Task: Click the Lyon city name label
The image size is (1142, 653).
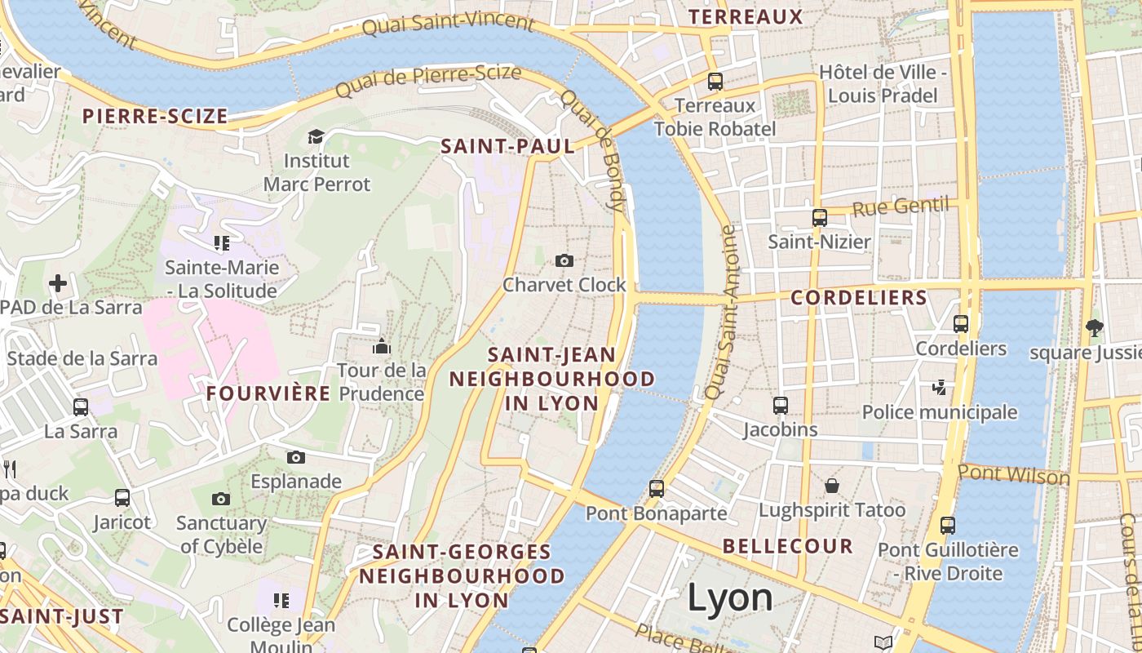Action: point(729,597)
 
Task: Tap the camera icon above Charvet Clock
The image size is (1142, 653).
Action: point(564,260)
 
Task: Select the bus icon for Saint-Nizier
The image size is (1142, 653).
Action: point(820,218)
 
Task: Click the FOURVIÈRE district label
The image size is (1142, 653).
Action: point(268,393)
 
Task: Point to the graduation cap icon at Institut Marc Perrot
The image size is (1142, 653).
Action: point(316,136)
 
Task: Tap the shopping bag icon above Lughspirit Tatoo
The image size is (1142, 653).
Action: point(832,486)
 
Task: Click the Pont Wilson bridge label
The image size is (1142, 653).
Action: point(1013,474)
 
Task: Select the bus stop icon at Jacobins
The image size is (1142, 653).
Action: point(781,405)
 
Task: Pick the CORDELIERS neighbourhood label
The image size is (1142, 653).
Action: point(859,298)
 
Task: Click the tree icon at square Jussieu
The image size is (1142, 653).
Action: point(1094,328)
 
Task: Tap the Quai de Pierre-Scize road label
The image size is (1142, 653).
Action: point(428,80)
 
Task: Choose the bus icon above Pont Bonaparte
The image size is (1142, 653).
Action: point(657,489)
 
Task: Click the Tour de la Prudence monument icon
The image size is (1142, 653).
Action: point(381,346)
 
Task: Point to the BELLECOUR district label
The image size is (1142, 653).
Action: point(787,546)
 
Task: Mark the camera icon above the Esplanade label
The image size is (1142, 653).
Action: point(295,457)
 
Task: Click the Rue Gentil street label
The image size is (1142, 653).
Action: point(901,207)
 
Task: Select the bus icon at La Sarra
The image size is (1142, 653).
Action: point(81,406)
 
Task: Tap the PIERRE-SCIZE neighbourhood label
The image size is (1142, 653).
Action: point(155,116)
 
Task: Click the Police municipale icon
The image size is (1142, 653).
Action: point(940,387)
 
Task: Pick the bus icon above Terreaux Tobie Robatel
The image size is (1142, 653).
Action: point(715,81)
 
